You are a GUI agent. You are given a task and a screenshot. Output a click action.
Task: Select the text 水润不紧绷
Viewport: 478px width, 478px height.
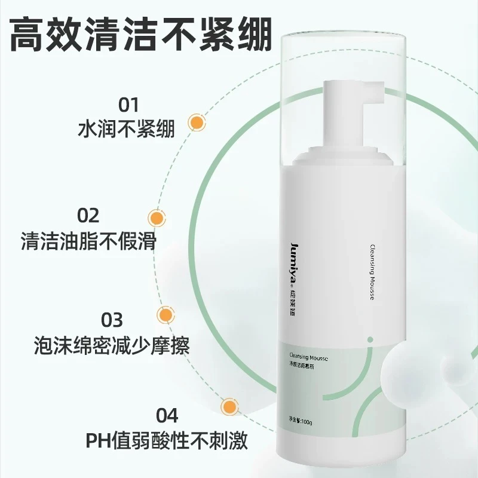[x=127, y=130]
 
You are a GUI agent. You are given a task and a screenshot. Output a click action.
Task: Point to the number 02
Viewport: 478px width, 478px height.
[x=88, y=215]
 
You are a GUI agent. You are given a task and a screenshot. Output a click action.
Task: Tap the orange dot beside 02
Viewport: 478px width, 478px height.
[x=157, y=218]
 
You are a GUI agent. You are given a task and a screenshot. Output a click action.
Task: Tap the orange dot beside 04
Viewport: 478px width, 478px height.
[x=228, y=407]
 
